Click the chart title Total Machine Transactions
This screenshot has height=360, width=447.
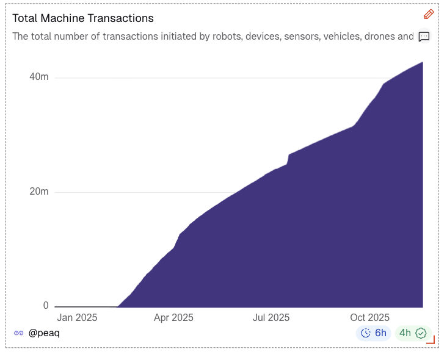pyautogui.click(x=83, y=18)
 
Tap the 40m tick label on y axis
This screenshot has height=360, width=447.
pyautogui.click(x=38, y=77)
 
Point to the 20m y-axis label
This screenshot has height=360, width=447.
pyautogui.click(x=38, y=192)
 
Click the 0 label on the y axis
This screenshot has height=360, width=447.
pyautogui.click(x=45, y=306)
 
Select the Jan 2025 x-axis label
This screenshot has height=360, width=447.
pyautogui.click(x=77, y=318)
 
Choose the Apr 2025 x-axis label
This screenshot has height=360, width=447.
pyautogui.click(x=173, y=318)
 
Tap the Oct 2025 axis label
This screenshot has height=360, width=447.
pyautogui.click(x=369, y=318)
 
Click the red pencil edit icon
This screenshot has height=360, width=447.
pyautogui.click(x=429, y=14)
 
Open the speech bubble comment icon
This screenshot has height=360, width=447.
pyautogui.click(x=424, y=37)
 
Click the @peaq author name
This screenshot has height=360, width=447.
pyautogui.click(x=44, y=333)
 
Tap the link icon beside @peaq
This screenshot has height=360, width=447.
pyautogui.click(x=19, y=333)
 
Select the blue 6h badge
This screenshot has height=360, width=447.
pyautogui.click(x=374, y=333)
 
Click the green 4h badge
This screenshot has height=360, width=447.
pyautogui.click(x=413, y=333)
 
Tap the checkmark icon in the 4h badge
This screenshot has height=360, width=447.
pyautogui.click(x=421, y=333)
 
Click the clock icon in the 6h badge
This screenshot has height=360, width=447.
pyautogui.click(x=366, y=333)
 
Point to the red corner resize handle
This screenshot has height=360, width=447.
pyautogui.click(x=431, y=340)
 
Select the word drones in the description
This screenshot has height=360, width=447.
pyautogui.click(x=379, y=37)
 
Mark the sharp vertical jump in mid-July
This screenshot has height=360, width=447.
pyautogui.click(x=288, y=159)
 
